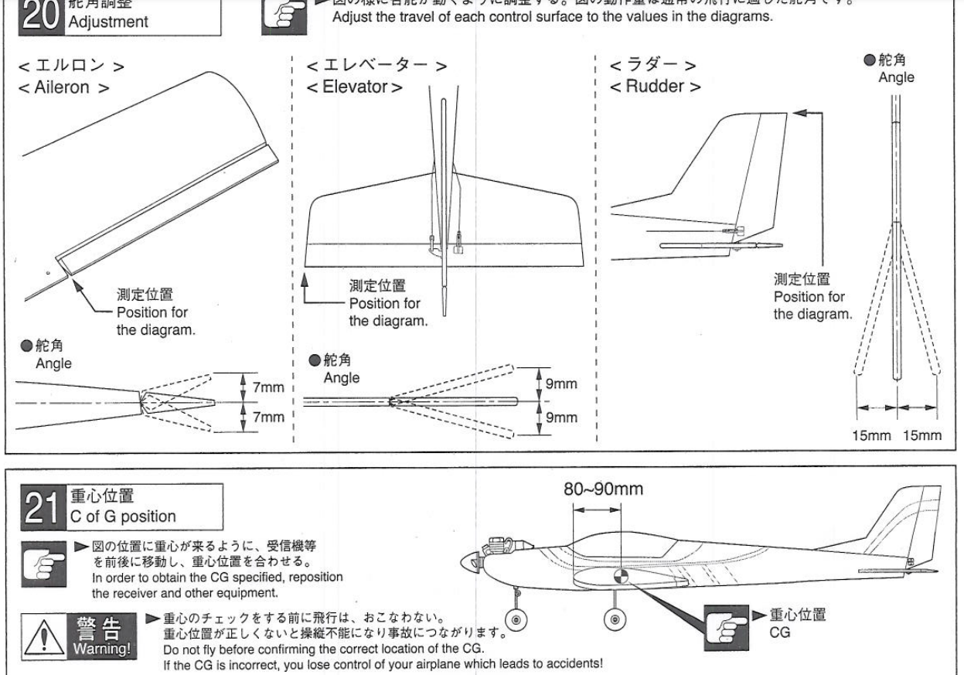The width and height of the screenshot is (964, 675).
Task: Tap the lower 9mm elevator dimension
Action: click(564, 417)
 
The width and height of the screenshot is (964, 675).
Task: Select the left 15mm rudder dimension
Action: click(870, 435)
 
